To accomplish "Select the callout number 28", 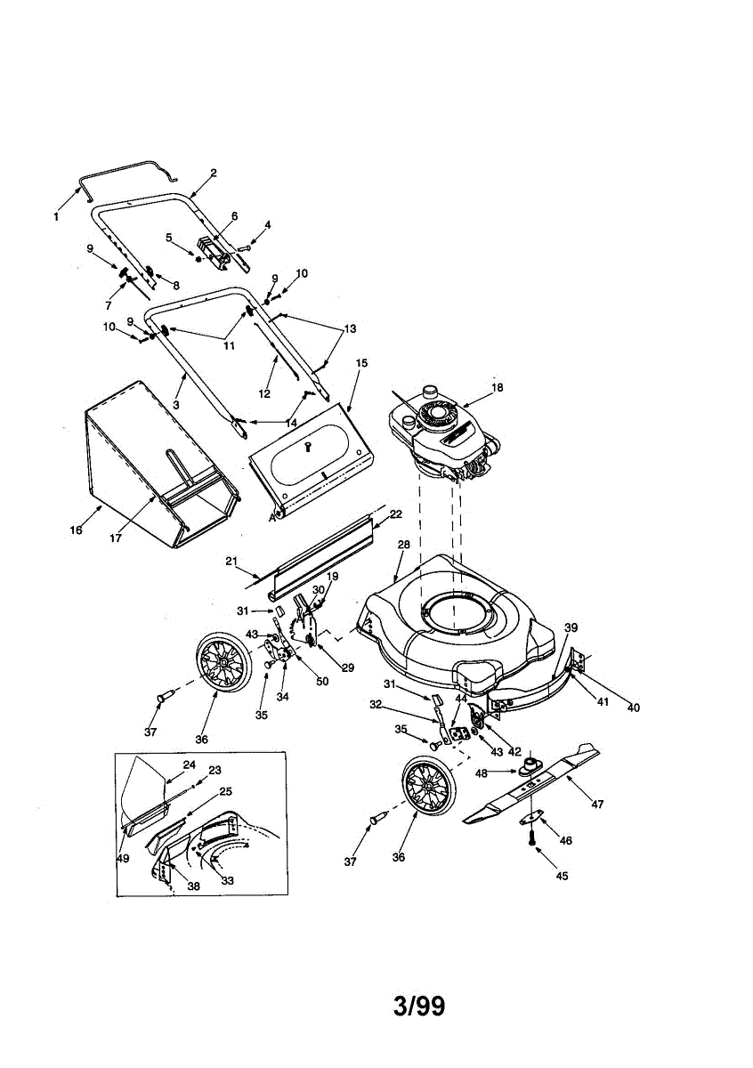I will (402, 544).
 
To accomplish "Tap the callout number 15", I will (361, 363).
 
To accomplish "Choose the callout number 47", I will (597, 805).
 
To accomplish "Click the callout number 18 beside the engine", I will (497, 387).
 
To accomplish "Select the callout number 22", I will (395, 514).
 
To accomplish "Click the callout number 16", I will (76, 530).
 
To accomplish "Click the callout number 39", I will (570, 627).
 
